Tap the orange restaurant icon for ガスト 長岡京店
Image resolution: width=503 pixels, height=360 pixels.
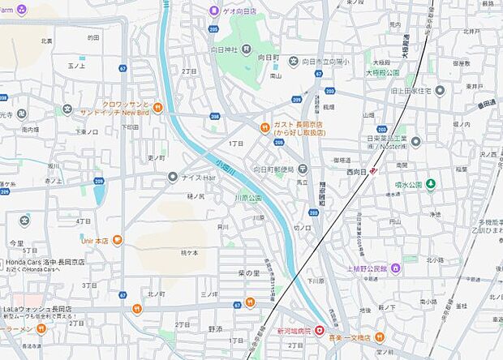pyautogui.click(x=264, y=126)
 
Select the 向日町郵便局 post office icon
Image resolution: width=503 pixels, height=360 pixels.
pyautogui.click(x=303, y=169)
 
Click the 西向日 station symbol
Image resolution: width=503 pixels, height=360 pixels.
pyautogui.click(x=373, y=171)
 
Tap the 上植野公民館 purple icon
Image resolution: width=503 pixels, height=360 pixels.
pyautogui.click(x=395, y=267)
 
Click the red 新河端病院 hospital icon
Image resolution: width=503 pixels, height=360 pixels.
pyautogui.click(x=320, y=331)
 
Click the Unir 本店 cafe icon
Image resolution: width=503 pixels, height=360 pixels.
pyautogui.click(x=117, y=240)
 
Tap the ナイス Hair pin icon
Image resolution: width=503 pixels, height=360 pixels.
pyautogui.click(x=172, y=176)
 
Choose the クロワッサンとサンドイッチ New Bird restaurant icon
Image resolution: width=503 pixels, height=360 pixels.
pyautogui.click(x=157, y=106)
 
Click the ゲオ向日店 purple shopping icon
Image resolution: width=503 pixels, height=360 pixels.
pyautogui.click(x=214, y=11)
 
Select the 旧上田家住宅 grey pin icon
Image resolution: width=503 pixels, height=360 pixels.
pyautogui.click(x=440, y=90)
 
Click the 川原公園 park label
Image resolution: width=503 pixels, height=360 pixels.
pyautogui.click(x=248, y=198)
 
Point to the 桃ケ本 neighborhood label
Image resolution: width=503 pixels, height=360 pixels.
pyautogui.click(x=191, y=252)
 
